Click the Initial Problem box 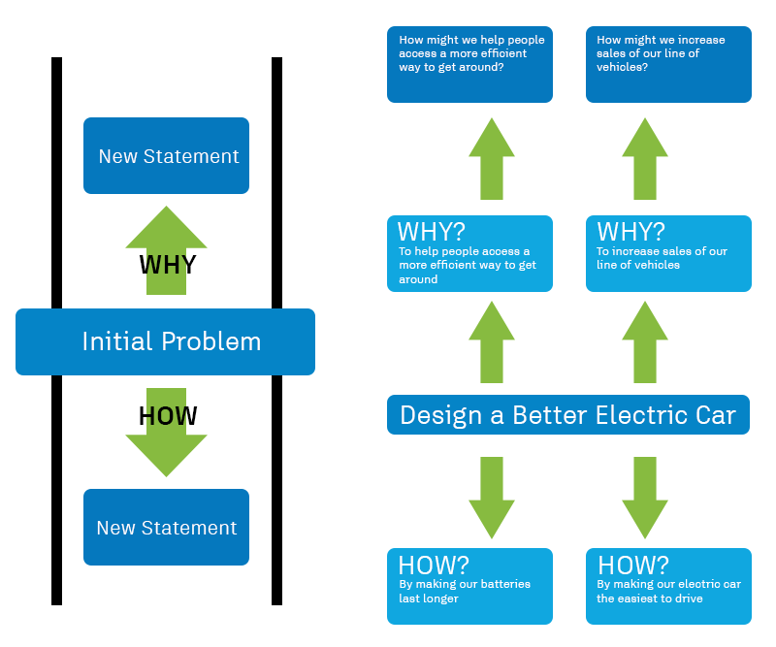pos(165,341)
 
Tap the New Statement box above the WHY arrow pos(166,155)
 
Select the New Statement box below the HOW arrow pos(166,528)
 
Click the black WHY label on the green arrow pos(168,265)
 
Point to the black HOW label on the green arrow pos(168,416)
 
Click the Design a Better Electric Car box pos(568,415)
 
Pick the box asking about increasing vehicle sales pos(668,64)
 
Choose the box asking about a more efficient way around pos(469,64)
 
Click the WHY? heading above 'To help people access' pos(432,231)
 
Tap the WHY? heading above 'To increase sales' pos(631,231)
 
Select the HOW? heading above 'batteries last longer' pos(434,565)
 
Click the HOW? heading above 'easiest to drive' pos(633,565)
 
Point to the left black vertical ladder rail pos(57,331)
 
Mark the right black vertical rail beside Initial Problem pos(277,331)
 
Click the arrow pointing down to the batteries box pos(492,498)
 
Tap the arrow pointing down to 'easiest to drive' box pos(645,498)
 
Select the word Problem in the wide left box pos(211,341)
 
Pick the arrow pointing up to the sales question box pos(645,159)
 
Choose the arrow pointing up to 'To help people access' pos(492,342)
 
